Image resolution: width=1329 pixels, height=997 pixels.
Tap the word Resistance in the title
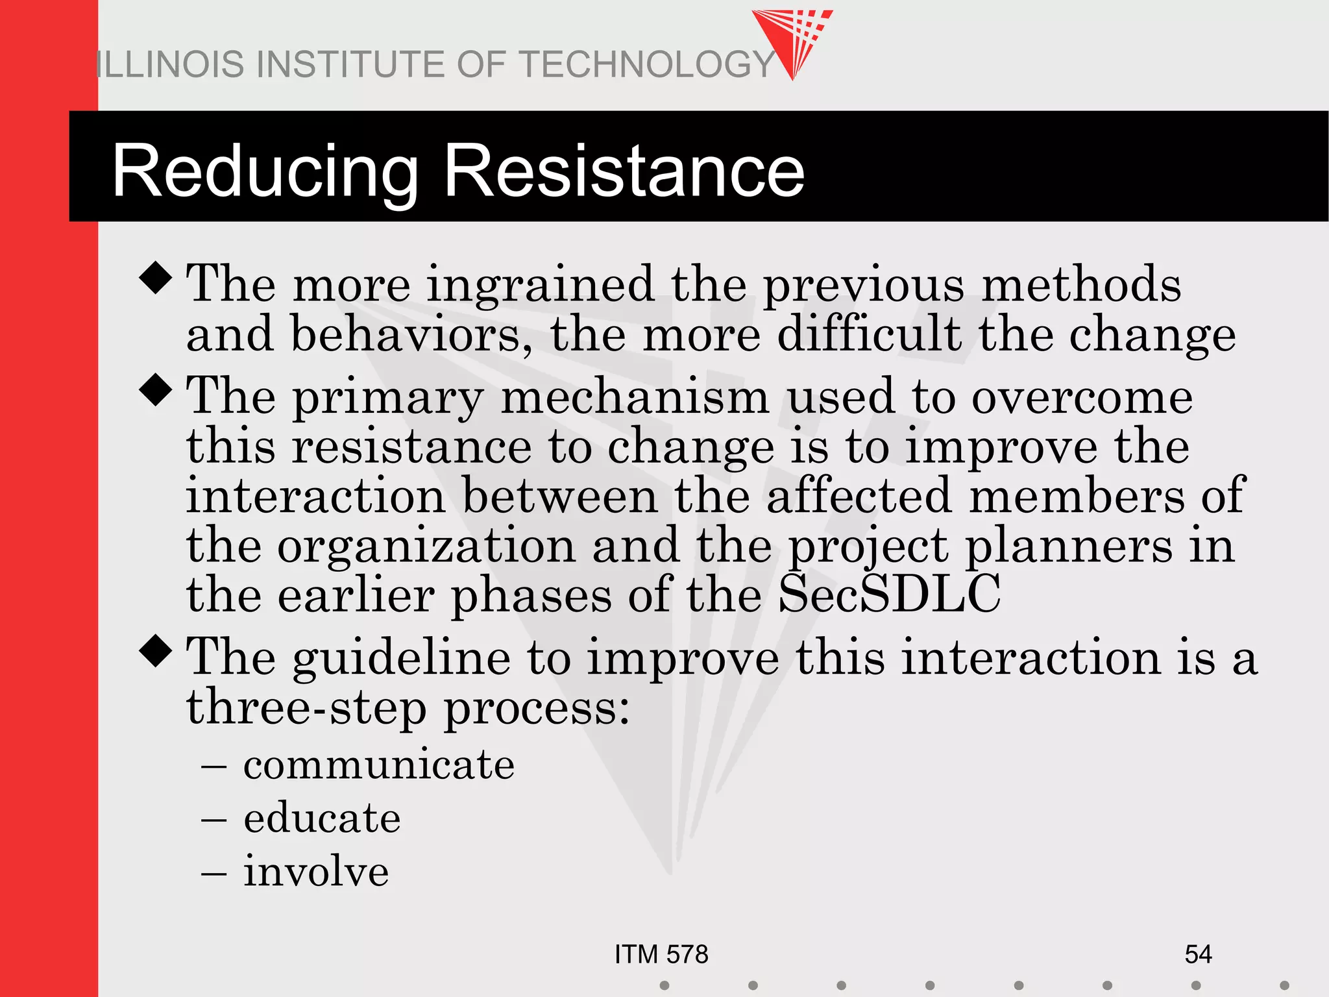click(624, 171)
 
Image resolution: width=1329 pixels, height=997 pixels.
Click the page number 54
click(1198, 954)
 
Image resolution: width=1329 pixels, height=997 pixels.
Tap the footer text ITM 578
click(661, 954)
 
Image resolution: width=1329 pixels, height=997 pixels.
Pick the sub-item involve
click(316, 871)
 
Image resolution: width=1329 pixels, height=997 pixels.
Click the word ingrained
click(540, 286)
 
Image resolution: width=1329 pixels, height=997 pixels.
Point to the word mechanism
click(635, 397)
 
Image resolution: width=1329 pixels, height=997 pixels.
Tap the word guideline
click(401, 659)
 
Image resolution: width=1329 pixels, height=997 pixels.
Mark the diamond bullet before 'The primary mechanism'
click(156, 389)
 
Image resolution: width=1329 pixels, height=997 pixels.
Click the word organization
click(426, 546)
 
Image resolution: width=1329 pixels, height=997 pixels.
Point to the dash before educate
click(213, 819)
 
